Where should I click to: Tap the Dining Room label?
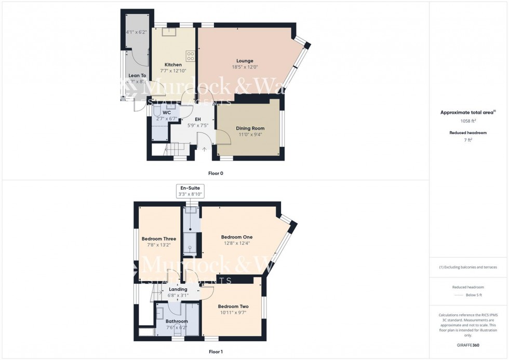(250, 128)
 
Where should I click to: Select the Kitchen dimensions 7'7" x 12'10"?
(173, 71)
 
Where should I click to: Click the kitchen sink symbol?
(168, 32)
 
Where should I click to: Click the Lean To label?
(137, 75)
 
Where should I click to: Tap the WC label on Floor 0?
(167, 112)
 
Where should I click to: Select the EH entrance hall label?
(197, 119)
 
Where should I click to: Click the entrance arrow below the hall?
(204, 150)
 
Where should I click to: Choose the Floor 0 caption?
(215, 173)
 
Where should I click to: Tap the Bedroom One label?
(236, 236)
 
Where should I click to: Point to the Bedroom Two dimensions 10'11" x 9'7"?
(233, 313)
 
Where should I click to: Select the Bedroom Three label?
(159, 239)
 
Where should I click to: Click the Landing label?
(178, 289)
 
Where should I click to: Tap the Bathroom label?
(177, 321)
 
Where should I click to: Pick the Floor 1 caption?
(215, 352)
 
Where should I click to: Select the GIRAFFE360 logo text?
(468, 345)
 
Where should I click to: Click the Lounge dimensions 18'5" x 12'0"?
(241, 67)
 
